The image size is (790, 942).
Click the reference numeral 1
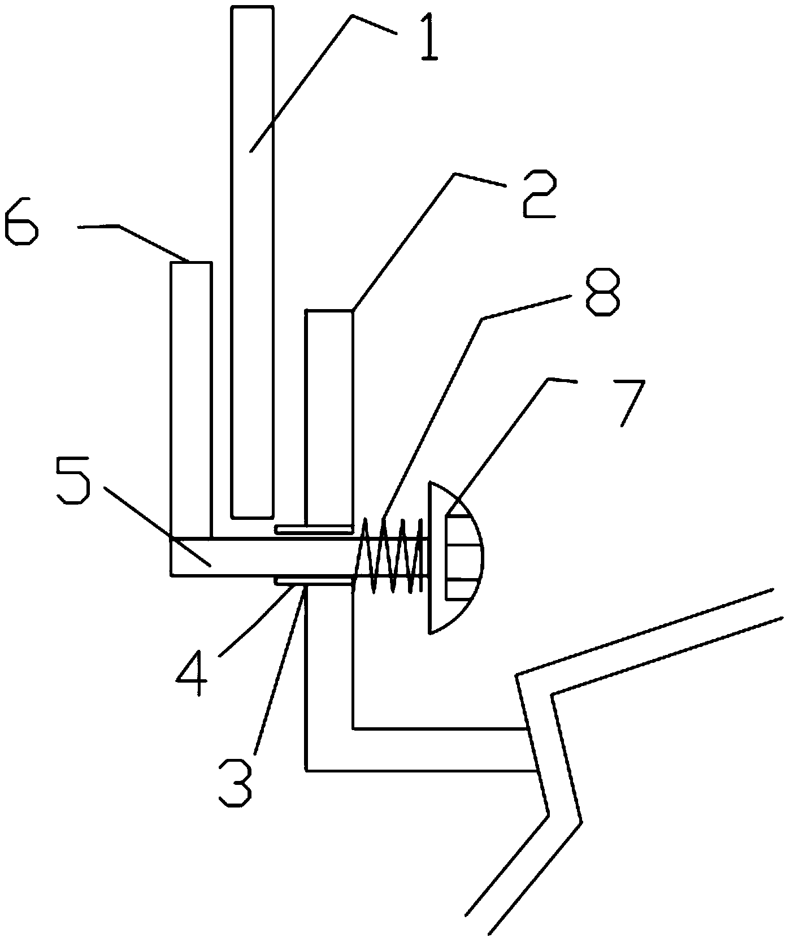(x=427, y=40)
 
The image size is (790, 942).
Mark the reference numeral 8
(x=602, y=293)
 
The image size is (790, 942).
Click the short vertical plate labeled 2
(x=329, y=413)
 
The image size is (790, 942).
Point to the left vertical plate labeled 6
(x=191, y=396)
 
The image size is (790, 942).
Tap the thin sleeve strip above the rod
(x=313, y=529)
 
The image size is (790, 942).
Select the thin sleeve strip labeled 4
(x=313, y=580)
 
